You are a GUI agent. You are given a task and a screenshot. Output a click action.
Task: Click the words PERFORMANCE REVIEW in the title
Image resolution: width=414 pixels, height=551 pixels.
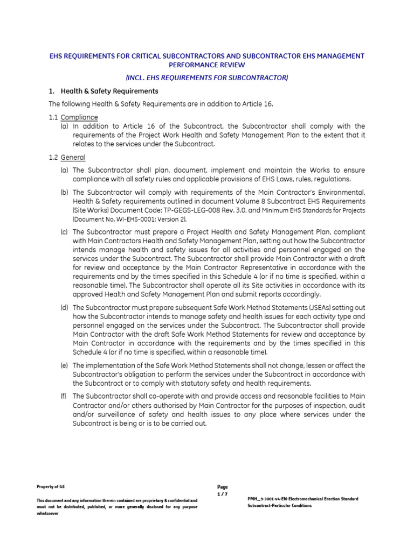point(206,65)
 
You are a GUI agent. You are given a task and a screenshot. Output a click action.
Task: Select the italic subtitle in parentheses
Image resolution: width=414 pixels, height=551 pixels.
point(206,78)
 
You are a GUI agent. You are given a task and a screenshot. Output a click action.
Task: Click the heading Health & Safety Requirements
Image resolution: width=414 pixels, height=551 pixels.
point(109,91)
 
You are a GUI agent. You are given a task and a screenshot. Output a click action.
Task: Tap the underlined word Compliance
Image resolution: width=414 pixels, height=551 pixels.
point(79,117)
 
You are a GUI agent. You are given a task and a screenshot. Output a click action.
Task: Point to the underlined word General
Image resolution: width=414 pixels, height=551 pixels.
point(73,157)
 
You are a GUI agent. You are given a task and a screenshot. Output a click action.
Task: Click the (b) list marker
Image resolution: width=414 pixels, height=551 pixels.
point(64,192)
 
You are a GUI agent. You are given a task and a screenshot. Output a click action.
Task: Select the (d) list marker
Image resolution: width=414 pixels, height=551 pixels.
point(64,308)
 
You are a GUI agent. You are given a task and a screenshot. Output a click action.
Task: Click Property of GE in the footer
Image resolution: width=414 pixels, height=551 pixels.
point(51,486)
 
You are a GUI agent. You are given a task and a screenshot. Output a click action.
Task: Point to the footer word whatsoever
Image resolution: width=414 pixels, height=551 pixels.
point(47,513)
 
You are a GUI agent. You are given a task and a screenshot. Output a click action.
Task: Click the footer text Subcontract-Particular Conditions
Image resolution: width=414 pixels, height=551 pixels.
point(279,506)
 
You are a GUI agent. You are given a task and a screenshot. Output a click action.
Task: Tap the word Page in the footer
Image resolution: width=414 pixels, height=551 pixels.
point(223,487)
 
